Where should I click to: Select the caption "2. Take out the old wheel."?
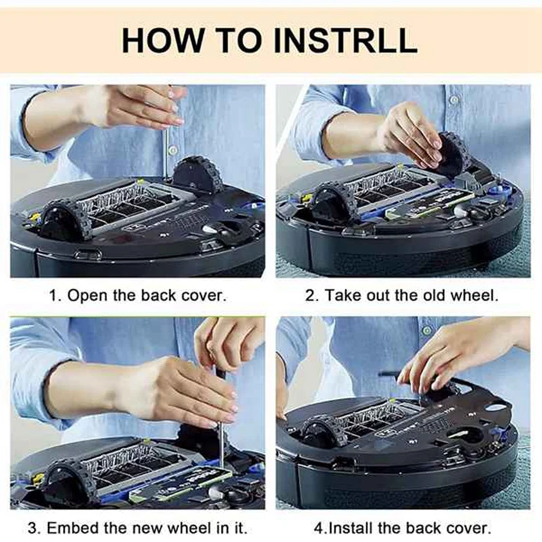(402, 296)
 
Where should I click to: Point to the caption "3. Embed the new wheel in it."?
(137, 527)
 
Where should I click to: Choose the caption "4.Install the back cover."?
(402, 527)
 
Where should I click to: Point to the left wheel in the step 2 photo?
(331, 204)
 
